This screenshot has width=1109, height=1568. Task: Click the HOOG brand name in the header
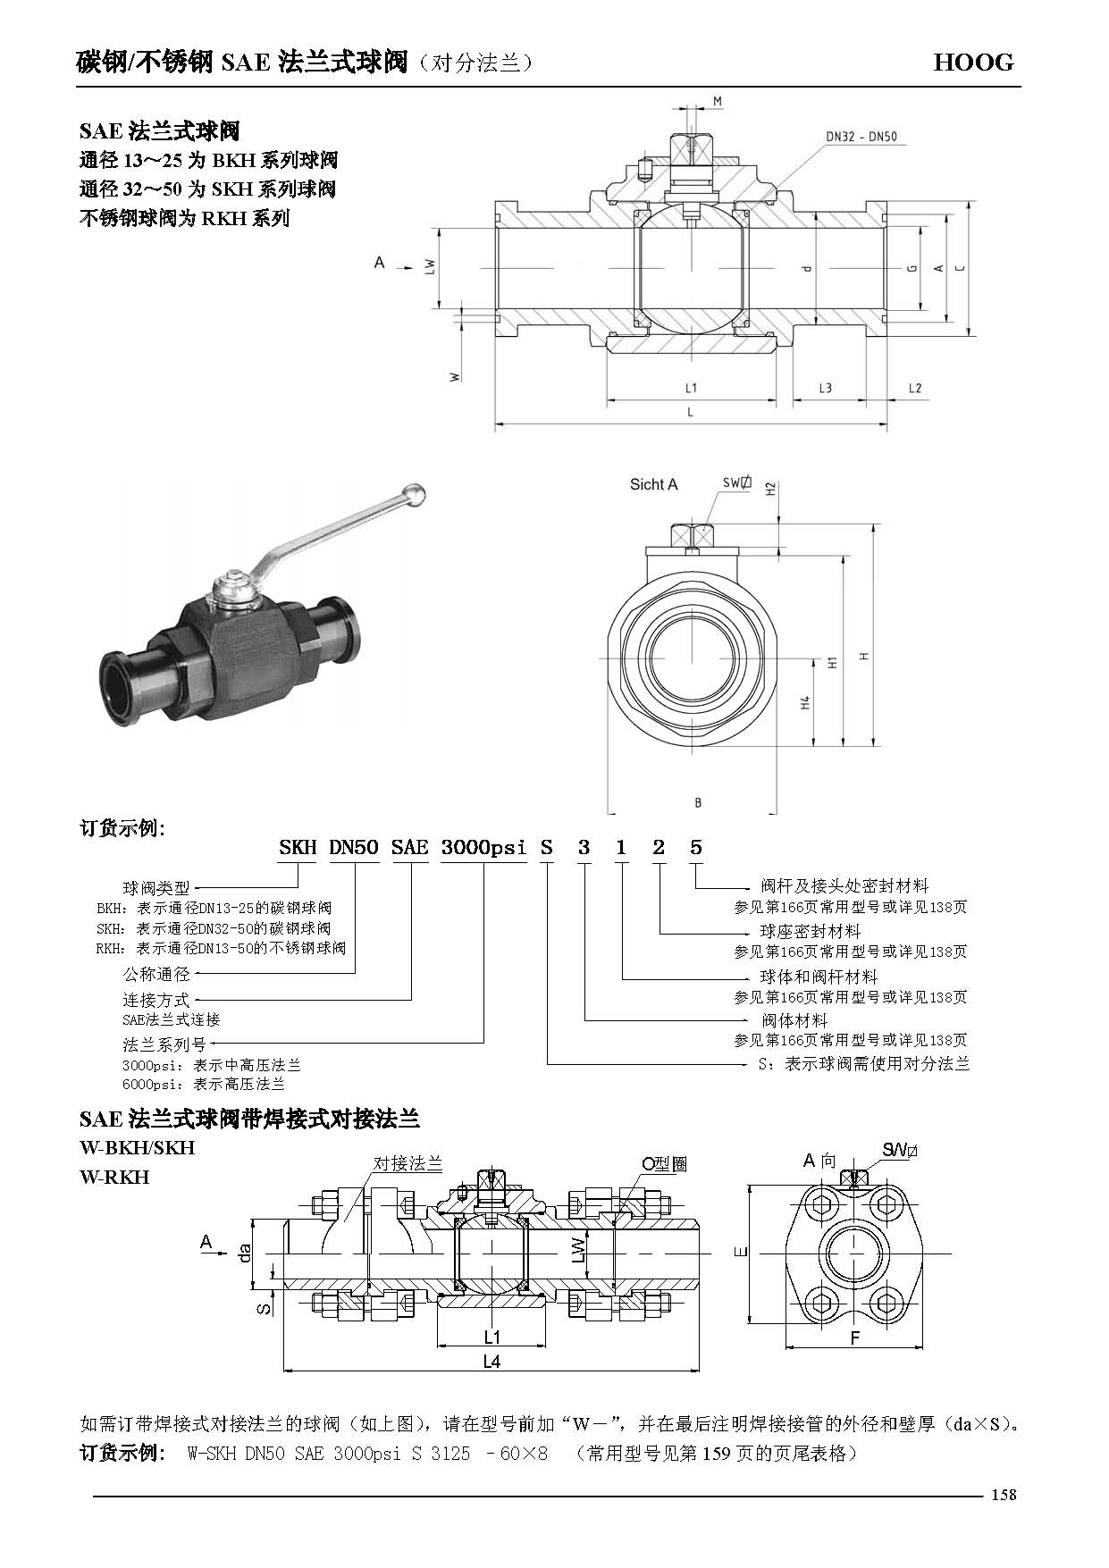coord(973,62)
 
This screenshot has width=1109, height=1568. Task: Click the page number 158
coord(1003,1495)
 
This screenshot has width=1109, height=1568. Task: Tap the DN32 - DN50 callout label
coord(861,138)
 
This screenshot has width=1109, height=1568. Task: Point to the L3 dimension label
coord(825,388)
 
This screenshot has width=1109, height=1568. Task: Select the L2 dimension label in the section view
coord(914,388)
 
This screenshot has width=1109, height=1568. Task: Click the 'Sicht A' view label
coord(653,484)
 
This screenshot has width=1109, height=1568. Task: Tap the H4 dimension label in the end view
coord(805,702)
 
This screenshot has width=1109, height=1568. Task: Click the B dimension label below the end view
coord(698,802)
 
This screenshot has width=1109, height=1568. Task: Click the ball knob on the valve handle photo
coord(414,492)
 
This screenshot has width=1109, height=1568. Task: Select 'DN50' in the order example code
coord(354,847)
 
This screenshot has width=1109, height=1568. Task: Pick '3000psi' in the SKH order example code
coord(483,847)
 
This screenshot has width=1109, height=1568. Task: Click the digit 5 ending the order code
coord(696,847)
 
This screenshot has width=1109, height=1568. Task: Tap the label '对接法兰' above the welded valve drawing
coord(407,1163)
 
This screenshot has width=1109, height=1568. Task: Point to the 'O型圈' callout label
coord(664,1164)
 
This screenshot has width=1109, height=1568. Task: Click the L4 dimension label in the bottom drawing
coord(491,1362)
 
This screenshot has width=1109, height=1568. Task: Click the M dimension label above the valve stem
coord(717,102)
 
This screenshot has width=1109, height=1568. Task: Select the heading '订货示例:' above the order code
coord(123,827)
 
